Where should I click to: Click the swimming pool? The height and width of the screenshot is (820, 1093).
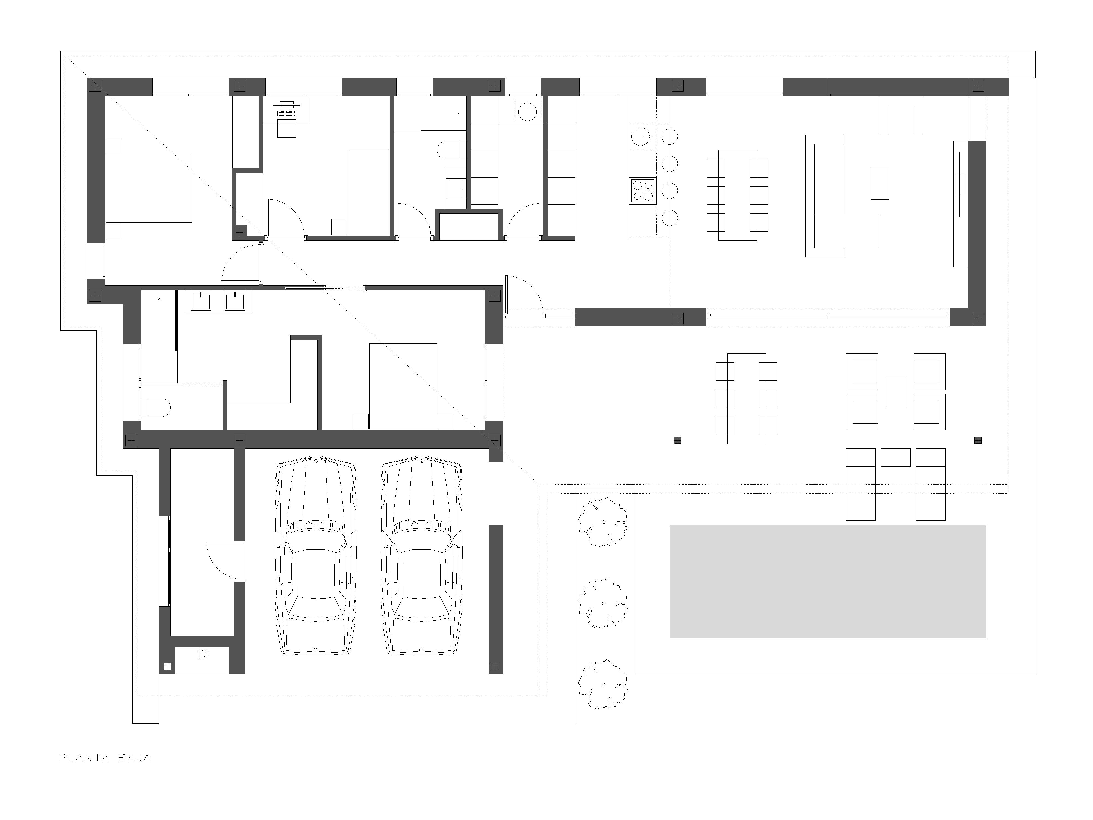[828, 582]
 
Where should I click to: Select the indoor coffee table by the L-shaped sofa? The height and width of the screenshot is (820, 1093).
[879, 183]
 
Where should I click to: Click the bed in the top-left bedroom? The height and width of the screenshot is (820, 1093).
[149, 188]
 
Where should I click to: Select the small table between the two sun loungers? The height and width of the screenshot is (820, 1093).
[895, 457]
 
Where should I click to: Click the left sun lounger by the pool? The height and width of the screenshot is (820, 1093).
[861, 484]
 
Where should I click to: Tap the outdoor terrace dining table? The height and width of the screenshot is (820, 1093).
[747, 398]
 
